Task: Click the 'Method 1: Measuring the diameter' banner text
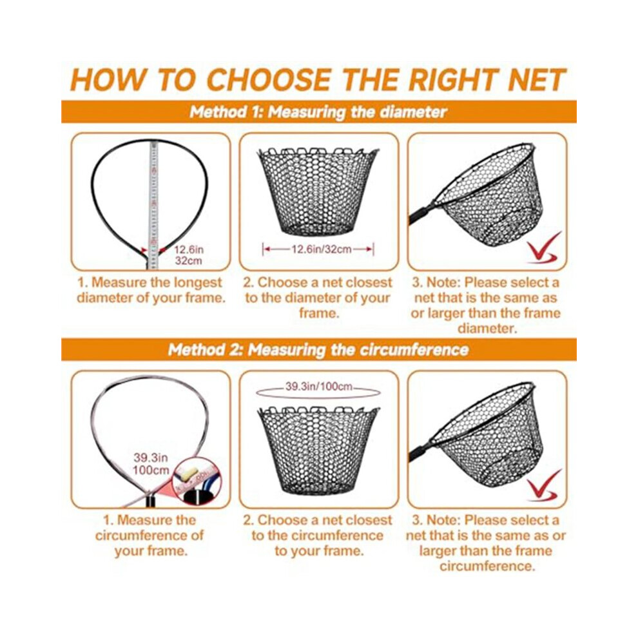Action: tap(318, 112)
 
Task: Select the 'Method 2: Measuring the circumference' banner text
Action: tap(318, 349)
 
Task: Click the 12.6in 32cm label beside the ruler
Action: tap(188, 255)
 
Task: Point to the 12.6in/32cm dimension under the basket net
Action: tap(318, 249)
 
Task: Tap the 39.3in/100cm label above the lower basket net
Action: tap(318, 386)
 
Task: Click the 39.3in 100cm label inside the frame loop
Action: tap(151, 463)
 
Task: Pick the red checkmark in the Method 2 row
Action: tap(544, 485)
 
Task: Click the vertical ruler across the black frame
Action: tap(153, 204)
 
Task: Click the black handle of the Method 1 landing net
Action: tap(423, 213)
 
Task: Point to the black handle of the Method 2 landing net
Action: tap(423, 451)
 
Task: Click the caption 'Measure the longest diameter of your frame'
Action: tap(151, 290)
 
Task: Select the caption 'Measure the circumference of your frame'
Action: tap(150, 535)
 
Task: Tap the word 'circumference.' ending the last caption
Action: tap(487, 566)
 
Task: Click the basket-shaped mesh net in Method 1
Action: tap(318, 191)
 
